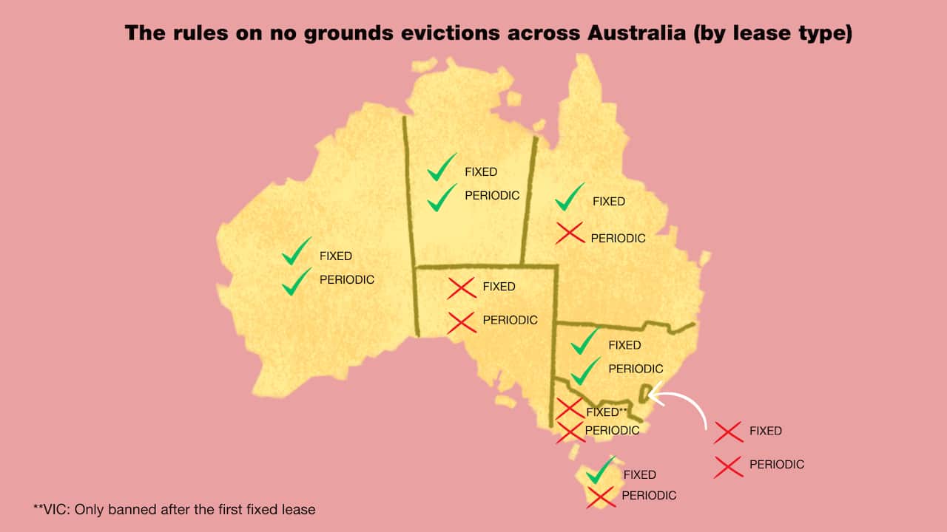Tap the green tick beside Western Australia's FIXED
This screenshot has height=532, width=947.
pyautogui.click(x=296, y=252)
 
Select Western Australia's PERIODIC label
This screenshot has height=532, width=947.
pyautogui.click(x=347, y=280)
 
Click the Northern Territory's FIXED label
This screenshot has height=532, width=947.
pyautogui.click(x=481, y=171)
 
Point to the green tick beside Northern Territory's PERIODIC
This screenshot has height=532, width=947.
pyautogui.click(x=442, y=197)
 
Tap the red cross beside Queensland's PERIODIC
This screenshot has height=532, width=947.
pyautogui.click(x=570, y=234)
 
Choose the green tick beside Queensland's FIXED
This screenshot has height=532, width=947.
pyautogui.click(x=570, y=197)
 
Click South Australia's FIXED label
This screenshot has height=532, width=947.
pyautogui.click(x=499, y=286)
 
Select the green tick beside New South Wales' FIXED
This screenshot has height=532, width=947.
pyautogui.click(x=584, y=341)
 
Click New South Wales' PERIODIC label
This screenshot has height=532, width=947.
pyautogui.click(x=636, y=368)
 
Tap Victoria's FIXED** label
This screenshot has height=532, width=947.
pyautogui.click(x=606, y=412)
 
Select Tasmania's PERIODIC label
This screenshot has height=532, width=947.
pyautogui.click(x=649, y=495)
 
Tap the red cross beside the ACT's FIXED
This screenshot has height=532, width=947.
pyautogui.click(x=728, y=432)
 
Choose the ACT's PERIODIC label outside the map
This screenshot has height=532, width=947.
pyautogui.click(x=776, y=465)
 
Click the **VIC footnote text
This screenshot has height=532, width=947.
pyautogui.click(x=175, y=509)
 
